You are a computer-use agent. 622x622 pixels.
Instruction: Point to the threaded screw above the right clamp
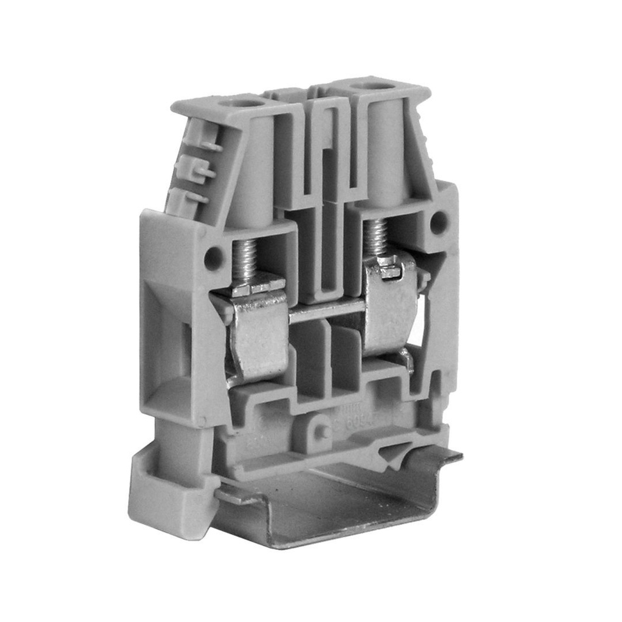tap(376, 236)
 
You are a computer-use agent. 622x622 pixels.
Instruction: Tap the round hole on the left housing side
tap(213, 258)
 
